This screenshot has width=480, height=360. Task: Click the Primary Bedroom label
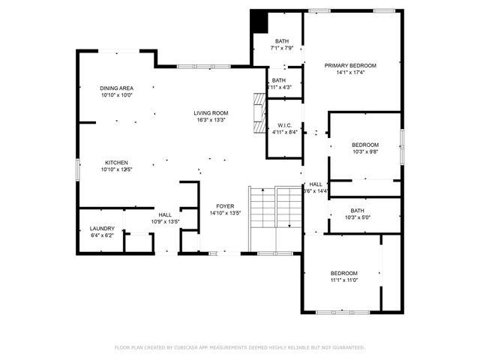click(x=350, y=65)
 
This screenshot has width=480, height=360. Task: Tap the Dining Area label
click(x=116, y=88)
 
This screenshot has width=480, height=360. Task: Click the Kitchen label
click(x=116, y=163)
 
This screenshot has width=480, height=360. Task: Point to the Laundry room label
click(x=102, y=228)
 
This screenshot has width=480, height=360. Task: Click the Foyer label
click(x=225, y=205)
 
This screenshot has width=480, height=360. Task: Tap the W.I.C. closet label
click(x=284, y=125)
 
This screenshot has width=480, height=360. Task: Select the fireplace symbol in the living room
click(x=259, y=113)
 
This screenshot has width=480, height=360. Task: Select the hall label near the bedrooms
click(x=316, y=184)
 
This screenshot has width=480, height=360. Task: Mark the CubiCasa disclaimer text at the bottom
click(x=239, y=347)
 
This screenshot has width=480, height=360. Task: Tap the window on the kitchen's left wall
click(x=78, y=169)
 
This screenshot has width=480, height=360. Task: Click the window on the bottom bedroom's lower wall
click(x=341, y=311)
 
